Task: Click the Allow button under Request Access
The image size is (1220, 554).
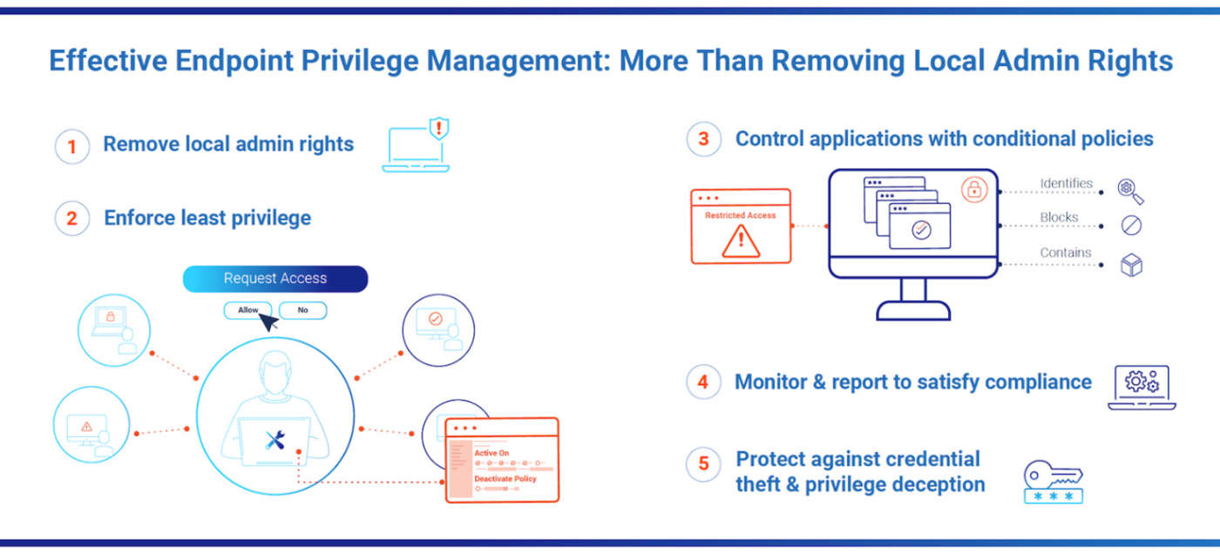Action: (x=247, y=310)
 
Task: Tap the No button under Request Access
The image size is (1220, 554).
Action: (x=302, y=310)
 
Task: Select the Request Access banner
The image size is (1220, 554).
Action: (x=275, y=279)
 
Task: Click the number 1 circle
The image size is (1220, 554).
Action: (x=72, y=146)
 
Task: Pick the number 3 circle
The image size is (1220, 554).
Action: (x=704, y=139)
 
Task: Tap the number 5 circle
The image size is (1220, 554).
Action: (x=704, y=463)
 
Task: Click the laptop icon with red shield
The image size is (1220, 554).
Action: (x=417, y=146)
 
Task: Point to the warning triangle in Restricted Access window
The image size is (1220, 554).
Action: (x=741, y=240)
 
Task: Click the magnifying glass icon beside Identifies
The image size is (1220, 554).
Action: (x=1130, y=191)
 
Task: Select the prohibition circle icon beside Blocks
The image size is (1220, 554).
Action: (x=1131, y=226)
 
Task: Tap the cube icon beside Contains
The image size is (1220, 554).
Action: (x=1131, y=266)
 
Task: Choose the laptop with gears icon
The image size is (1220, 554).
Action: (x=1142, y=387)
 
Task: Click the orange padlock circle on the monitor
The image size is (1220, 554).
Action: (x=974, y=189)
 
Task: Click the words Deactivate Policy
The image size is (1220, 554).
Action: (x=505, y=479)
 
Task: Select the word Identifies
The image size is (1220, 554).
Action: (x=1066, y=184)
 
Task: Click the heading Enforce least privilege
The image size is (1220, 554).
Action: (x=207, y=218)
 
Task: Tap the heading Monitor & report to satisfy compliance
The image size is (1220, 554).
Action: (x=913, y=382)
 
